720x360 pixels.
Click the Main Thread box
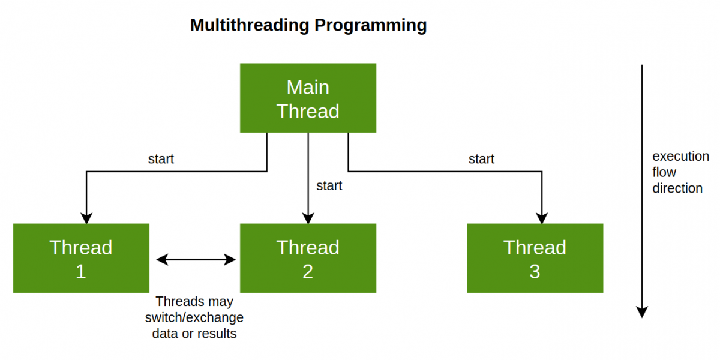pyautogui.click(x=308, y=98)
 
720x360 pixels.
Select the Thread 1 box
pyautogui.click(x=81, y=259)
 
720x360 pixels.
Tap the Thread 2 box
pyautogui.click(x=308, y=259)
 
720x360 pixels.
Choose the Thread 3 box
pyautogui.click(x=535, y=259)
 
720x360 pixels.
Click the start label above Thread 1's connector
pyautogui.click(x=161, y=159)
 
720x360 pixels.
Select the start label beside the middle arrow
pyautogui.click(x=329, y=186)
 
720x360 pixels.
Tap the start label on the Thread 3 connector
pyautogui.click(x=481, y=159)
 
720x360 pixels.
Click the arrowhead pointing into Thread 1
pyautogui.click(x=87, y=218)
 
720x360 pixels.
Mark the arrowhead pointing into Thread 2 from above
pyautogui.click(x=308, y=218)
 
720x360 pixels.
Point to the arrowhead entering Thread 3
pyautogui.click(x=542, y=218)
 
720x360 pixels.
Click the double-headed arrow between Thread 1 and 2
pyautogui.click(x=196, y=259)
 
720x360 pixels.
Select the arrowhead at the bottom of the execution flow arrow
pyautogui.click(x=642, y=311)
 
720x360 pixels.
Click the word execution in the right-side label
pyautogui.click(x=680, y=157)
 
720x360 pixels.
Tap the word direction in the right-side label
pyautogui.click(x=677, y=188)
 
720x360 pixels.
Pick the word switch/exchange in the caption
pyautogui.click(x=194, y=317)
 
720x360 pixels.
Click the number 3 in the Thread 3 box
pyautogui.click(x=535, y=272)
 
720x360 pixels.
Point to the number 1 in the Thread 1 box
pyautogui.click(x=81, y=272)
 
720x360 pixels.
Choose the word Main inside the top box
pyautogui.click(x=308, y=88)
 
